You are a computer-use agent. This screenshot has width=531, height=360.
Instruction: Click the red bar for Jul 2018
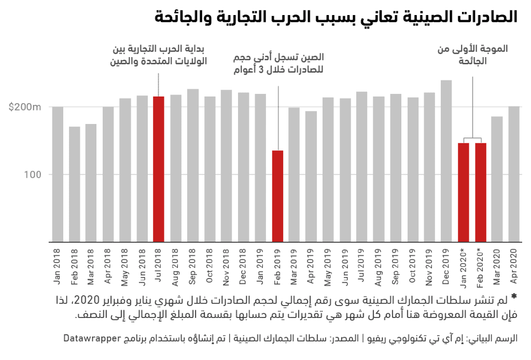(159, 169)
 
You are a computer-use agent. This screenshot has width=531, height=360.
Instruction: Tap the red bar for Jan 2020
(464, 192)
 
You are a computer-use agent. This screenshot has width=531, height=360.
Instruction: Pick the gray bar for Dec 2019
(446, 161)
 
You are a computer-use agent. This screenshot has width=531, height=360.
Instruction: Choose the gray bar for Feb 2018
(75, 184)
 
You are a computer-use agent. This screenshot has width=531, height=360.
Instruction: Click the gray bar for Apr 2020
(514, 174)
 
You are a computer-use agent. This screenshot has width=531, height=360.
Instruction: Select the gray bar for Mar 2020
(497, 179)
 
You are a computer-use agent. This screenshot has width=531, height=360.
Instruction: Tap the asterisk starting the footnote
(514, 297)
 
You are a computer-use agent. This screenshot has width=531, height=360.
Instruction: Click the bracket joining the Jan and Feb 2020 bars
(472, 139)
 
